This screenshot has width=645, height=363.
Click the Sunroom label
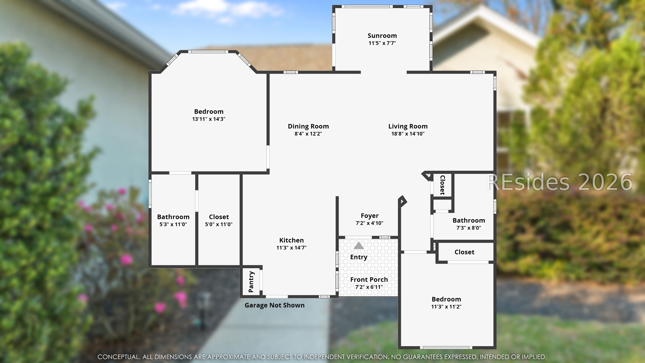pos(382,36)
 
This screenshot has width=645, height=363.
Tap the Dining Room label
pos(308,126)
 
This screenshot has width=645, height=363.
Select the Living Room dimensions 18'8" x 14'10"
pos(408,134)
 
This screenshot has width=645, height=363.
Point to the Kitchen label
pos(291,240)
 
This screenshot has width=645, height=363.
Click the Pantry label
pos(251,282)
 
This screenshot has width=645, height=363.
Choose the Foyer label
pos(370,216)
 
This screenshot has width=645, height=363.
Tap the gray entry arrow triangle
pos(359,246)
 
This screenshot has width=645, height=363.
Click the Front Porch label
pos(369,279)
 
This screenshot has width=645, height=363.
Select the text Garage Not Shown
pos(274,305)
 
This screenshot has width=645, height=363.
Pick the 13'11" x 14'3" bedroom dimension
pos(209,119)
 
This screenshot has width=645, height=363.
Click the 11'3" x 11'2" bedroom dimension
pos(446,306)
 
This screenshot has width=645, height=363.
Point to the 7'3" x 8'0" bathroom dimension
pos(468,228)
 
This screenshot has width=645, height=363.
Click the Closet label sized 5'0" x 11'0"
pos(219,217)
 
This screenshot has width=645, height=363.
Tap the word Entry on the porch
pos(359,257)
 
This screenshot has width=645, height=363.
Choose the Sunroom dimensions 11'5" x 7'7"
pos(382,43)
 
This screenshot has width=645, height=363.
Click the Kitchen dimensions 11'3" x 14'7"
pos(291,248)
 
